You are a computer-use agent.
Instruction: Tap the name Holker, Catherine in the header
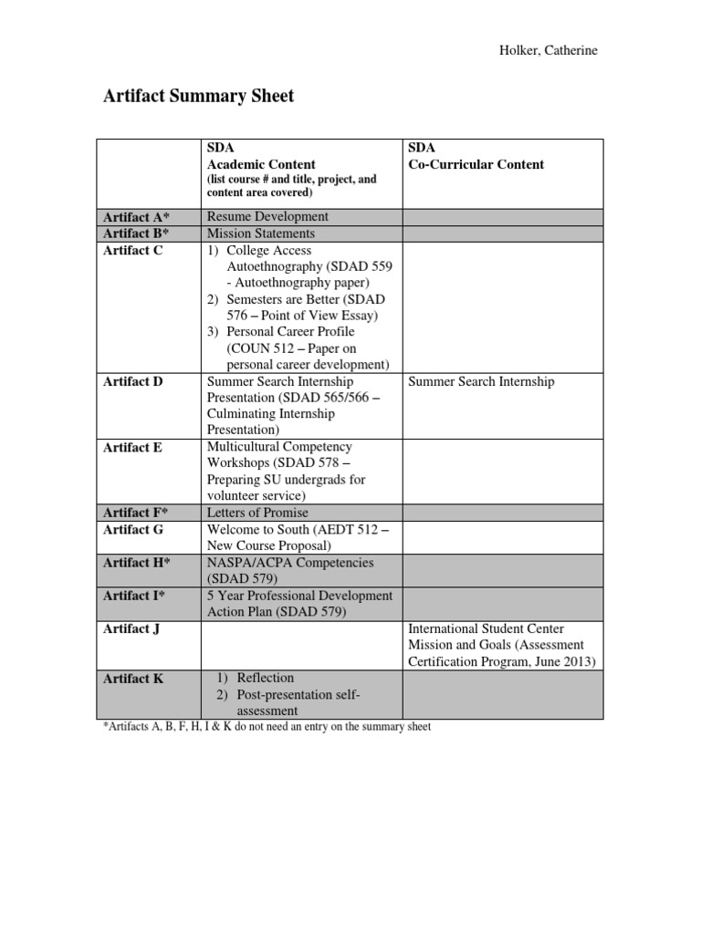547,50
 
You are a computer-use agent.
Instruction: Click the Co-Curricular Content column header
476,164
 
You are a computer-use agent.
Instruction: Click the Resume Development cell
267,217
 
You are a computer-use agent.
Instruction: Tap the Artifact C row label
133,250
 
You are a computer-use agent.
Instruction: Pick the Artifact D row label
133,381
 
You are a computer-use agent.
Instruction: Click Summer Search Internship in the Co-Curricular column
481,381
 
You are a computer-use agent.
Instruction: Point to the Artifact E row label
133,447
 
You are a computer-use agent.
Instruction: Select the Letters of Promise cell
258,513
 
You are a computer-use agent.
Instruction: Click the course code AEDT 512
351,529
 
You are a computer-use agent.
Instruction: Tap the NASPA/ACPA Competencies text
290,563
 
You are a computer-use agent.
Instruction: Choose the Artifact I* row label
135,596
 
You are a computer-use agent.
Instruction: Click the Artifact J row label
132,628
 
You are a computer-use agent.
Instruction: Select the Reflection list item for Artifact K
265,678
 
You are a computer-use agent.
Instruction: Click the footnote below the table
265,728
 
